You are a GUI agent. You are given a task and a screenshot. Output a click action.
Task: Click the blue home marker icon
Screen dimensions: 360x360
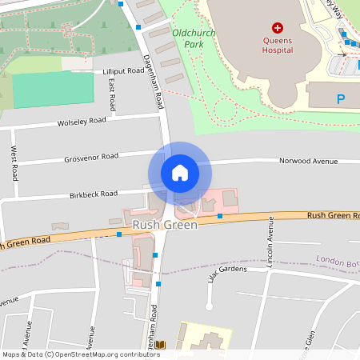[x=179, y=173]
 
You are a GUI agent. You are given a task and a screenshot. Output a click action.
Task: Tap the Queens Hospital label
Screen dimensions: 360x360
[x=278, y=44]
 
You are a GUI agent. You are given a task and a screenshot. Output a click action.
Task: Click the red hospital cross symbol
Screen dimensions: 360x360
[x=278, y=27]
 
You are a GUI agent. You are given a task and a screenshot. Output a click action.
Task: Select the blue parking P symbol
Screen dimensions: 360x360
[x=341, y=100]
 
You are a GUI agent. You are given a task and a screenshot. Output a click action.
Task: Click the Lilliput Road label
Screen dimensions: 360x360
[x=123, y=71]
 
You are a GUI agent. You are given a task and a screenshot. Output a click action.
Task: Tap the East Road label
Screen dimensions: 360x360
[x=113, y=94]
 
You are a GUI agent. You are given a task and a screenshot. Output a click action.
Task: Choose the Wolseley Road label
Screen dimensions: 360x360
[x=82, y=122]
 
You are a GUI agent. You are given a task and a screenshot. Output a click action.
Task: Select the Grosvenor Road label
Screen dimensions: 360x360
[x=91, y=158]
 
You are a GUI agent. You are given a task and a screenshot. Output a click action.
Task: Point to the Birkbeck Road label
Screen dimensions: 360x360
[x=94, y=194]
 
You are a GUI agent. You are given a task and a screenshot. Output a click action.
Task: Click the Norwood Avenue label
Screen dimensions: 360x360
[x=308, y=161]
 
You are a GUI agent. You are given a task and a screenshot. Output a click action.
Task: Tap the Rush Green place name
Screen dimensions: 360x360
[x=165, y=226]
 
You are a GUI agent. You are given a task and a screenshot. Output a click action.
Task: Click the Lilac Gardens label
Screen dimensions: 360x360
[x=226, y=274]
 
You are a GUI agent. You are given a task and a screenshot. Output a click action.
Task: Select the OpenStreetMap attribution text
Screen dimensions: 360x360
[x=80, y=354]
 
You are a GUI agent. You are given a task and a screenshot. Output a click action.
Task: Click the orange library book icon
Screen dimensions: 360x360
[x=160, y=345]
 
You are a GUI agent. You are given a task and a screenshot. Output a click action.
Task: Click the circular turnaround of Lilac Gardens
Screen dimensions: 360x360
[x=209, y=306]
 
